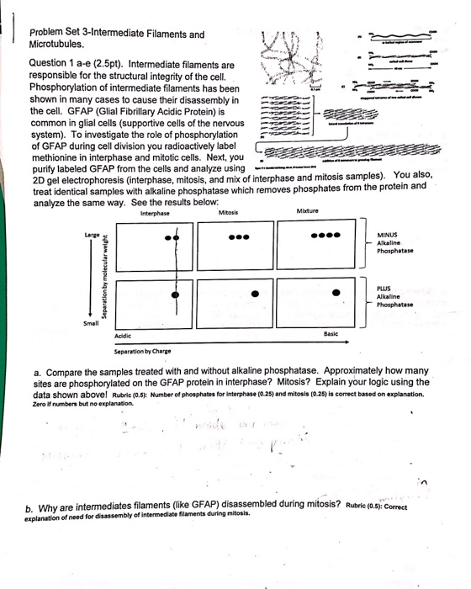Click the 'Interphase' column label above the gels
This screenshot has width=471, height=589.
click(x=156, y=213)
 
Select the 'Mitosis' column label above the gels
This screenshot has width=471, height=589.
click(x=228, y=213)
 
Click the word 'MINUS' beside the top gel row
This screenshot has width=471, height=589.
click(x=388, y=235)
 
